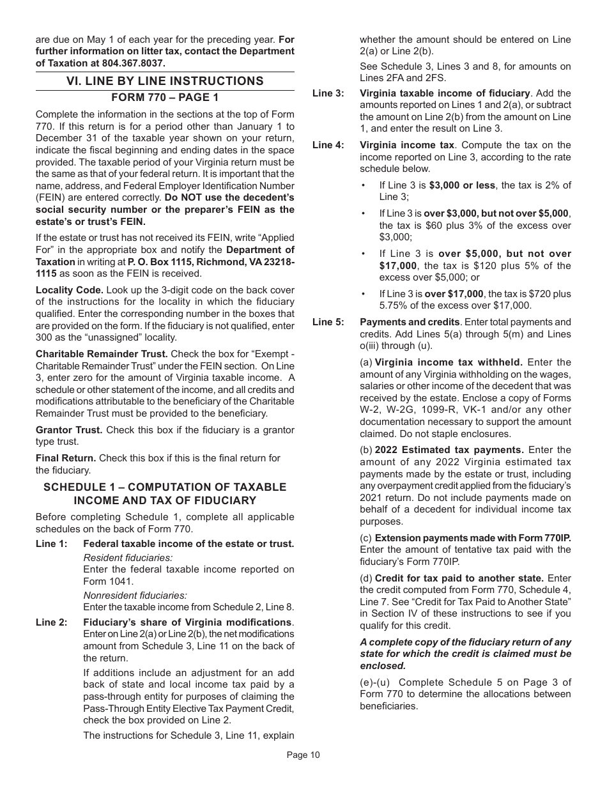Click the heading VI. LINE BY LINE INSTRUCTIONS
pyautogui.click(x=165, y=81)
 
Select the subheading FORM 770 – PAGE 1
pyautogui.click(x=165, y=98)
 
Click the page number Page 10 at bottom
pyautogui.click(x=303, y=755)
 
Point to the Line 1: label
pyautogui.click(x=51, y=544)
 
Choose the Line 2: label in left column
pyautogui.click(x=51, y=622)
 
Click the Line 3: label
pyautogui.click(x=327, y=93)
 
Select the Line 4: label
pyautogui.click(x=327, y=145)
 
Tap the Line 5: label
pyautogui.click(x=327, y=322)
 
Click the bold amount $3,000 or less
pyautogui.click(x=462, y=185)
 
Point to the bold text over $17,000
pyautogui.click(x=454, y=294)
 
